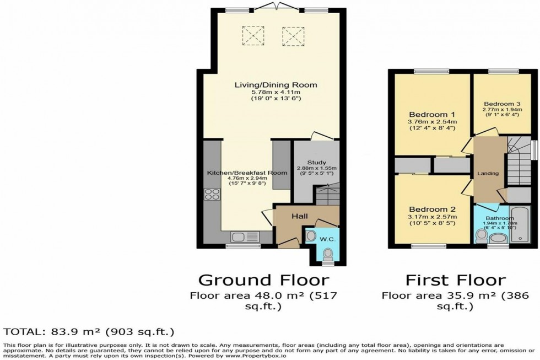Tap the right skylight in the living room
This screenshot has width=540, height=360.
pyautogui.click(x=293, y=37)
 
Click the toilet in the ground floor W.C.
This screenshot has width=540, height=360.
pyautogui.click(x=328, y=254)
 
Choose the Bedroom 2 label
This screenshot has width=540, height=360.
pyautogui.click(x=432, y=209)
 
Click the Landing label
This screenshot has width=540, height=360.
pyautogui.click(x=488, y=174)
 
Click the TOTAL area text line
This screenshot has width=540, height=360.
pyautogui.click(x=89, y=331)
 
